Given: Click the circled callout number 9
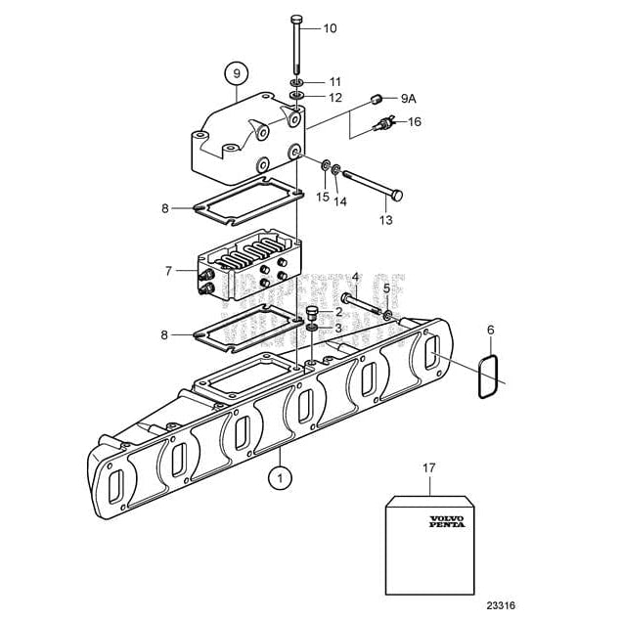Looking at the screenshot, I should (236, 71).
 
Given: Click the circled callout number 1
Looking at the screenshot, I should (280, 478).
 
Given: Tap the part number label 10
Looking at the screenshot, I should (330, 28).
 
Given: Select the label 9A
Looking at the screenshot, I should (409, 99).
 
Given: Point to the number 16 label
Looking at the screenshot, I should (414, 122).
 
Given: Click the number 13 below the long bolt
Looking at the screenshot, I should (385, 221).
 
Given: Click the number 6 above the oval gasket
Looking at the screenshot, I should (491, 333).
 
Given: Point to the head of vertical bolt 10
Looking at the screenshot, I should (297, 20).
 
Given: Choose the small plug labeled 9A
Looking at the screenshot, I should (376, 97).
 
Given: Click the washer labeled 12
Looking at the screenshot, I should (298, 97).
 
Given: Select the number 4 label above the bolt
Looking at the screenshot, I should (356, 277).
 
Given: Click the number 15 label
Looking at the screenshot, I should (322, 198).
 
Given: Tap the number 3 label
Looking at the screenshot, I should (338, 330).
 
